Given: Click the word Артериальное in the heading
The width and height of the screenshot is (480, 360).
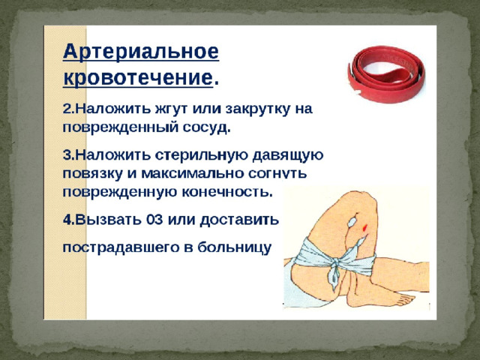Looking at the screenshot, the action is pos(141,52).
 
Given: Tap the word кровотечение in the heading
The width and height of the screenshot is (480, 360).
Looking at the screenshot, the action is pos(138,78).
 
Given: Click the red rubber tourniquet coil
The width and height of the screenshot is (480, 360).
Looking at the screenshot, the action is pos(386,74).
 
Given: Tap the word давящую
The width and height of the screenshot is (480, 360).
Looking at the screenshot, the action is pos(288,155).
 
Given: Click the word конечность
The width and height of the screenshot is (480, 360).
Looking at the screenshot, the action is pos(227,192).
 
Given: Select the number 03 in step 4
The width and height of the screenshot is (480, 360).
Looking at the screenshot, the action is pos(154,220).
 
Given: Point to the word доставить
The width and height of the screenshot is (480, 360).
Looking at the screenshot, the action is pos(239,220).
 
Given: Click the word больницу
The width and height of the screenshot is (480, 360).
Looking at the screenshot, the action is pos(234,247).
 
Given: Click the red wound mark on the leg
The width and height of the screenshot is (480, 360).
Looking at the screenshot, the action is pos(364,227).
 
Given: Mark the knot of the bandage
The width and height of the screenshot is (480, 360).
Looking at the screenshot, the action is pos(336,263).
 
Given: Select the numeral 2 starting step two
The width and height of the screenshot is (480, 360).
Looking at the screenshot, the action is pos(67,109).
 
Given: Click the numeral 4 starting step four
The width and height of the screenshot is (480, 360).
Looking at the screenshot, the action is pos(67,220).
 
